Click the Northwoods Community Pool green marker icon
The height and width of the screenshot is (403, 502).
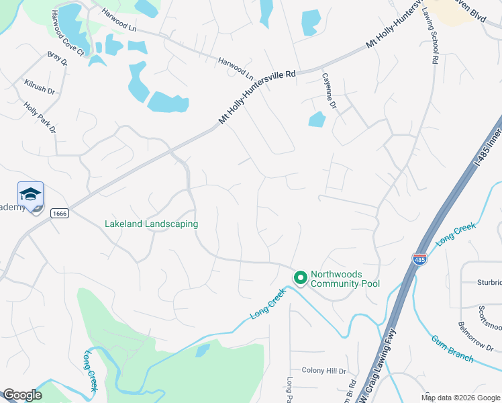(x=300, y=277)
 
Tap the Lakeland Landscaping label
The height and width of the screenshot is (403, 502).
(x=151, y=224)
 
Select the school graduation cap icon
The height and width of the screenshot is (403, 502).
(x=30, y=195)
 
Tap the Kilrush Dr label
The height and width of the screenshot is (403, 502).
(x=39, y=86)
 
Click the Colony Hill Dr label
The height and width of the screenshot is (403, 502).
(x=323, y=370)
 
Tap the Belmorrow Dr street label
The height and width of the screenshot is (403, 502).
(x=475, y=334)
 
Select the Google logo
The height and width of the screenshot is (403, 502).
(x=22, y=395)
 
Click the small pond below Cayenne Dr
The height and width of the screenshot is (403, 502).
(x=316, y=120)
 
